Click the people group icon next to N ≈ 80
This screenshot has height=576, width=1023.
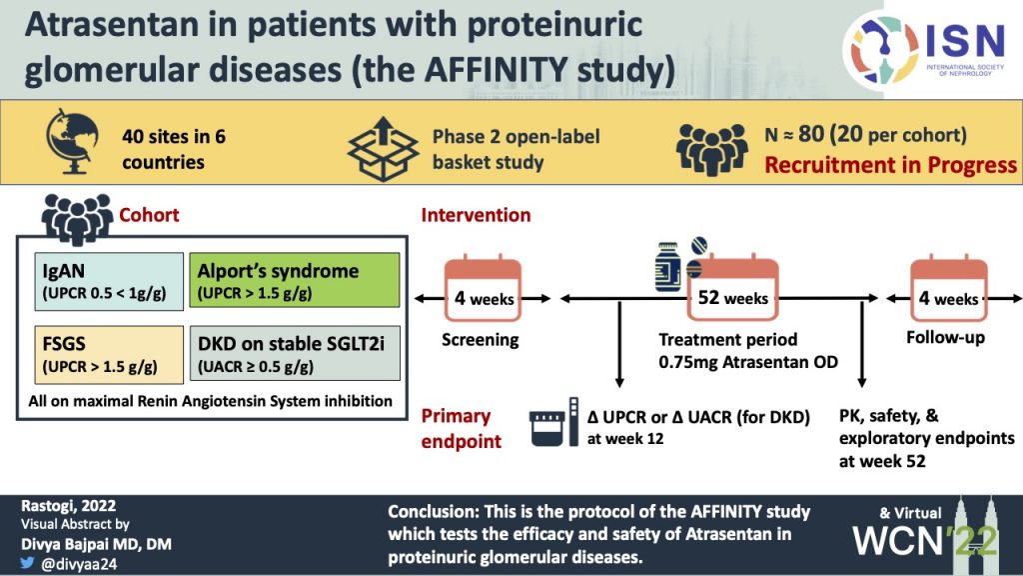(711, 148)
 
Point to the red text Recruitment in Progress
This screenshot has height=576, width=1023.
(890, 165)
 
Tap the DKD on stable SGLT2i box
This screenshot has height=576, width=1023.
(294, 354)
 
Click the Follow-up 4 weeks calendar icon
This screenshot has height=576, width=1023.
(948, 291)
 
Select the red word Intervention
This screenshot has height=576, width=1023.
(476, 215)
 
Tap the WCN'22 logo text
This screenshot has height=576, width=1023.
(914, 540)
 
